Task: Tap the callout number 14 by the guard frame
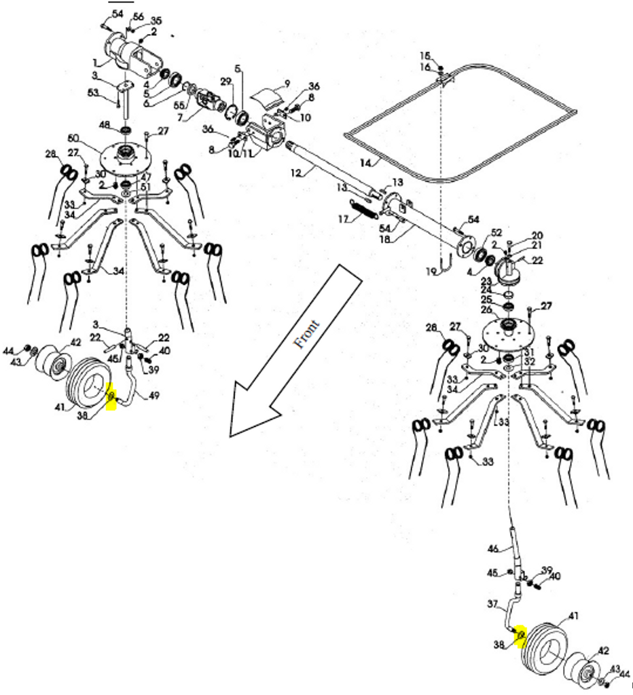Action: tap(366, 162)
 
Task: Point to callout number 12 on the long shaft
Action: tap(295, 174)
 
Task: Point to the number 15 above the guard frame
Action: tap(425, 55)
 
